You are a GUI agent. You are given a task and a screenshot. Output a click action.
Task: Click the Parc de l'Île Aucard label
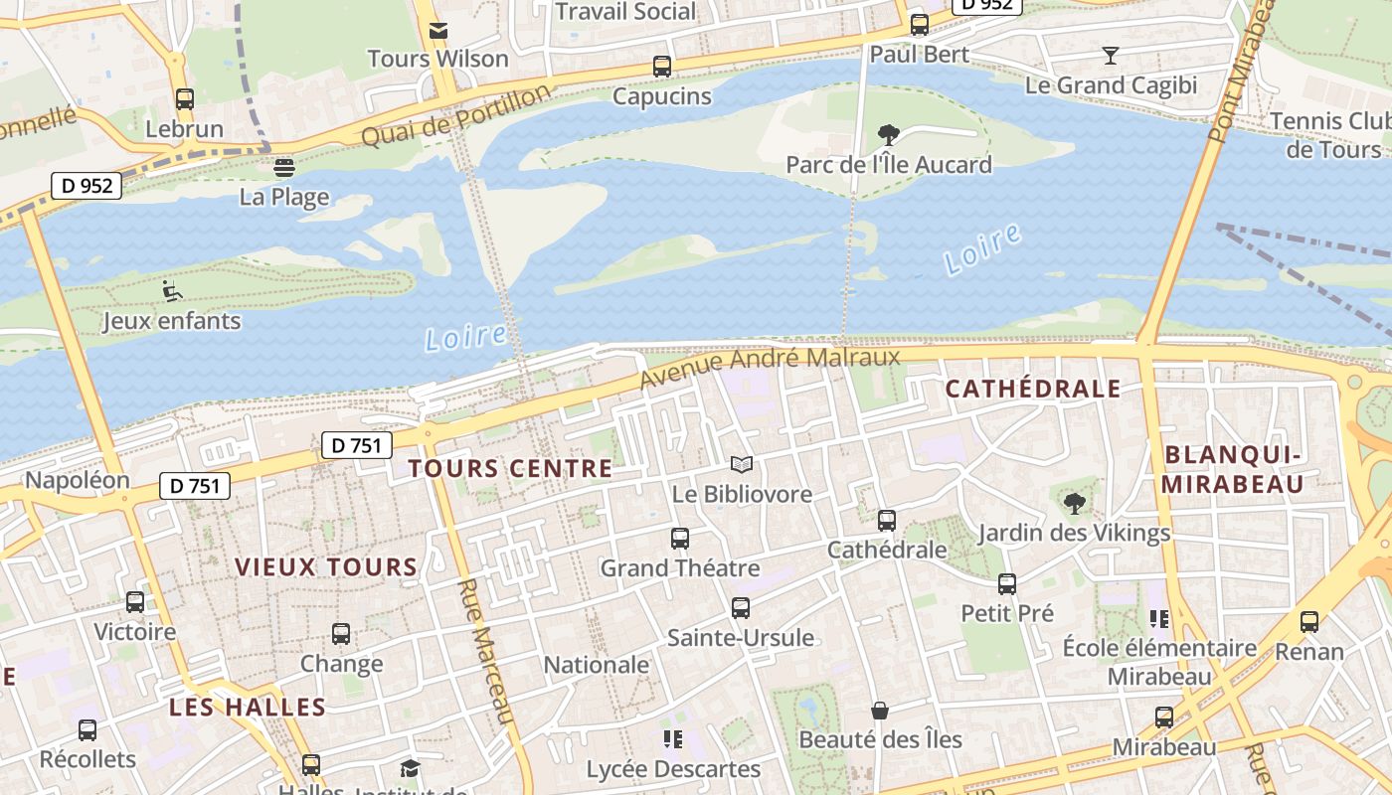pyautogui.click(x=889, y=164)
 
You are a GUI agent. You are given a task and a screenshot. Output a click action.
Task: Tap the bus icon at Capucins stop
pyautogui.click(x=661, y=67)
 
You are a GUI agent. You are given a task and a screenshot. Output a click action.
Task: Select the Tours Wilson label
pyautogui.click(x=437, y=59)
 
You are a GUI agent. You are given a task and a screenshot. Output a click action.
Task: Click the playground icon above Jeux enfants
pyautogui.click(x=172, y=291)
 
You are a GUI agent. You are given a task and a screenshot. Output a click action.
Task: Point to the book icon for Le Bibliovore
pyautogui.click(x=742, y=464)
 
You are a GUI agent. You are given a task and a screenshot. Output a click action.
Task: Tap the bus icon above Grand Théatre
pyautogui.click(x=680, y=539)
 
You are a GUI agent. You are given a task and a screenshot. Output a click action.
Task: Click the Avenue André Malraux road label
pyautogui.click(x=769, y=367)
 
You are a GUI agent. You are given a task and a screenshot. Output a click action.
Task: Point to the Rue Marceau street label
pyautogui.click(x=486, y=652)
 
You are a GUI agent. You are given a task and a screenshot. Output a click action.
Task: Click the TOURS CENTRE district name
pyautogui.click(x=510, y=468)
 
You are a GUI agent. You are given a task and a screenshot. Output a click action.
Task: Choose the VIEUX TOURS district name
pyautogui.click(x=326, y=567)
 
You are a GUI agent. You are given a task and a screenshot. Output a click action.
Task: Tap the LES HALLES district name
pyautogui.click(x=248, y=708)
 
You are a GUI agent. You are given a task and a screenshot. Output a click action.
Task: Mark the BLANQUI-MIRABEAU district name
pyautogui.click(x=1233, y=469)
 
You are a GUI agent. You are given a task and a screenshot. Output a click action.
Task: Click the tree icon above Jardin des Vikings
pyautogui.click(x=1074, y=503)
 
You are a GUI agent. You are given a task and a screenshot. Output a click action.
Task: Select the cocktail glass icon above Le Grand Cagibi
pyautogui.click(x=1111, y=56)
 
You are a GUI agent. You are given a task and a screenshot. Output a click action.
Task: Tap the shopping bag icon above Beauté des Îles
pyautogui.click(x=880, y=711)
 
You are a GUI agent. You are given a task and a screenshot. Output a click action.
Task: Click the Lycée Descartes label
pyautogui.click(x=673, y=769)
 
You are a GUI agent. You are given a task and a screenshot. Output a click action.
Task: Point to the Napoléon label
pyautogui.click(x=78, y=480)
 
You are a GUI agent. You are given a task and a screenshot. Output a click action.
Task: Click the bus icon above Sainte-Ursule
pyautogui.click(x=741, y=608)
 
